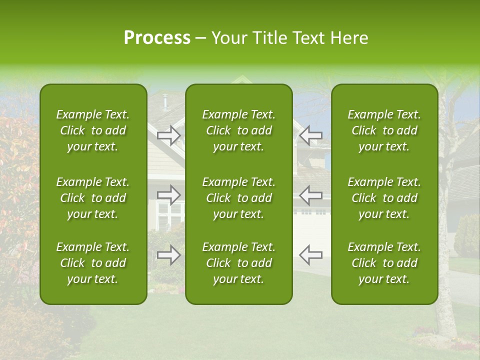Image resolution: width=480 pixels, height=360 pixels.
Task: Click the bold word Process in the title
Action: (x=157, y=38)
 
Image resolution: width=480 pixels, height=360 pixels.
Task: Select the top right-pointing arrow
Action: (x=168, y=135)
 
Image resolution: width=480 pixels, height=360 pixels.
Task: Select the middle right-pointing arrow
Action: (x=168, y=195)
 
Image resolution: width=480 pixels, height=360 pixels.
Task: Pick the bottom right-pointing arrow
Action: (x=168, y=254)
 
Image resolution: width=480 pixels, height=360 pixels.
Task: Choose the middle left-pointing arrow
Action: (x=311, y=195)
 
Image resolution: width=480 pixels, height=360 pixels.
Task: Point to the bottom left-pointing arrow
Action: (x=311, y=254)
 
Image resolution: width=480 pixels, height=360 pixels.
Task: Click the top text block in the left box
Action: (x=93, y=130)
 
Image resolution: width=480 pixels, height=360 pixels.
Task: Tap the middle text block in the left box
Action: (x=93, y=198)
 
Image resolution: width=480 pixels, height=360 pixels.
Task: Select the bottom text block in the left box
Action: (x=93, y=263)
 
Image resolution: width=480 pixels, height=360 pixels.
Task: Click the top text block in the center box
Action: (x=238, y=130)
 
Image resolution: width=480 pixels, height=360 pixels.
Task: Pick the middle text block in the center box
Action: (x=238, y=198)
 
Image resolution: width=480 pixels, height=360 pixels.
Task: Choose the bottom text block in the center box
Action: (x=238, y=263)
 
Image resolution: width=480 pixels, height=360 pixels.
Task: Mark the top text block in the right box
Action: (x=384, y=130)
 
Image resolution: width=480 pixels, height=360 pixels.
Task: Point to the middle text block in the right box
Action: (x=384, y=198)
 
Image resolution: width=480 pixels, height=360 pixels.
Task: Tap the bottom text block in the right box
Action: (x=384, y=263)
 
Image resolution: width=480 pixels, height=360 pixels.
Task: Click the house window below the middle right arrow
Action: (x=168, y=216)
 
